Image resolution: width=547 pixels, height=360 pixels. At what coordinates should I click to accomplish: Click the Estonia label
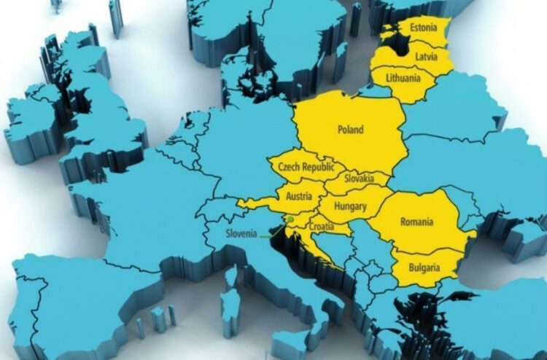[424, 28]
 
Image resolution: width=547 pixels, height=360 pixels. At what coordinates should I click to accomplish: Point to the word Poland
[350, 130]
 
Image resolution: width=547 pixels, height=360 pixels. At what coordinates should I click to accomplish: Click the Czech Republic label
[308, 168]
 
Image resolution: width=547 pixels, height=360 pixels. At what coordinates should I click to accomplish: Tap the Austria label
[300, 196]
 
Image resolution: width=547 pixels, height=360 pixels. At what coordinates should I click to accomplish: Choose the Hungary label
[350, 206]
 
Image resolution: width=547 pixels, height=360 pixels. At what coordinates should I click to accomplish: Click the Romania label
[416, 221]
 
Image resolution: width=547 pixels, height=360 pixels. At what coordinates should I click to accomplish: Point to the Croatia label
[321, 227]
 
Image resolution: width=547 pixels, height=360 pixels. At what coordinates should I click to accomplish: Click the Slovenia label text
[241, 234]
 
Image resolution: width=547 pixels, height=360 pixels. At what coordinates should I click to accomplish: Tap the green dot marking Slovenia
[290, 219]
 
